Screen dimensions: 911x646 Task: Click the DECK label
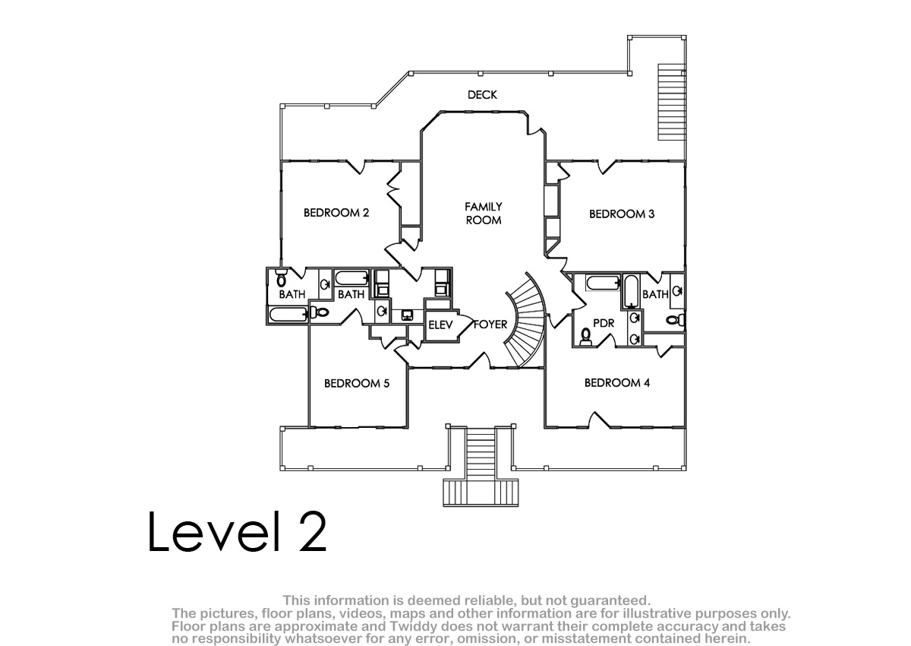pyautogui.click(x=482, y=95)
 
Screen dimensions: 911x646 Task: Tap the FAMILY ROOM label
pyautogui.click(x=483, y=214)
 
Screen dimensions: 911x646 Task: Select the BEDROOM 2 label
pyautogui.click(x=336, y=213)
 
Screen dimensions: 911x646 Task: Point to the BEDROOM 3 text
pyautogui.click(x=622, y=214)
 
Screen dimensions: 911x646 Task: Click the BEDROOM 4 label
pyautogui.click(x=617, y=382)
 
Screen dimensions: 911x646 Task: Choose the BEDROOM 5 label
pyautogui.click(x=357, y=383)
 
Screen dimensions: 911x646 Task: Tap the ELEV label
pyautogui.click(x=440, y=325)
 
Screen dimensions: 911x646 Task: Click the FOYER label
pyautogui.click(x=490, y=325)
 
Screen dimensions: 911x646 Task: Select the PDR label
pyautogui.click(x=604, y=323)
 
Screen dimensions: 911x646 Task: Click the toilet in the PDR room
pyautogui.click(x=585, y=337)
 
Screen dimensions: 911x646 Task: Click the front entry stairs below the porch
pyautogui.click(x=481, y=466)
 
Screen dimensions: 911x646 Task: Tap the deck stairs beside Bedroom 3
pyautogui.click(x=671, y=102)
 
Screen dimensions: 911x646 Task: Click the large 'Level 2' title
pyautogui.click(x=237, y=532)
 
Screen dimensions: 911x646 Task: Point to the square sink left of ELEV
pyautogui.click(x=407, y=315)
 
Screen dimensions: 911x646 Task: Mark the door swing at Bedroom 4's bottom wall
pyautogui.click(x=600, y=420)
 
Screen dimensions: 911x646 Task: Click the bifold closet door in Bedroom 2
pyautogui.click(x=393, y=189)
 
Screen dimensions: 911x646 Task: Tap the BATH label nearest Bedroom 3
pyautogui.click(x=655, y=294)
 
